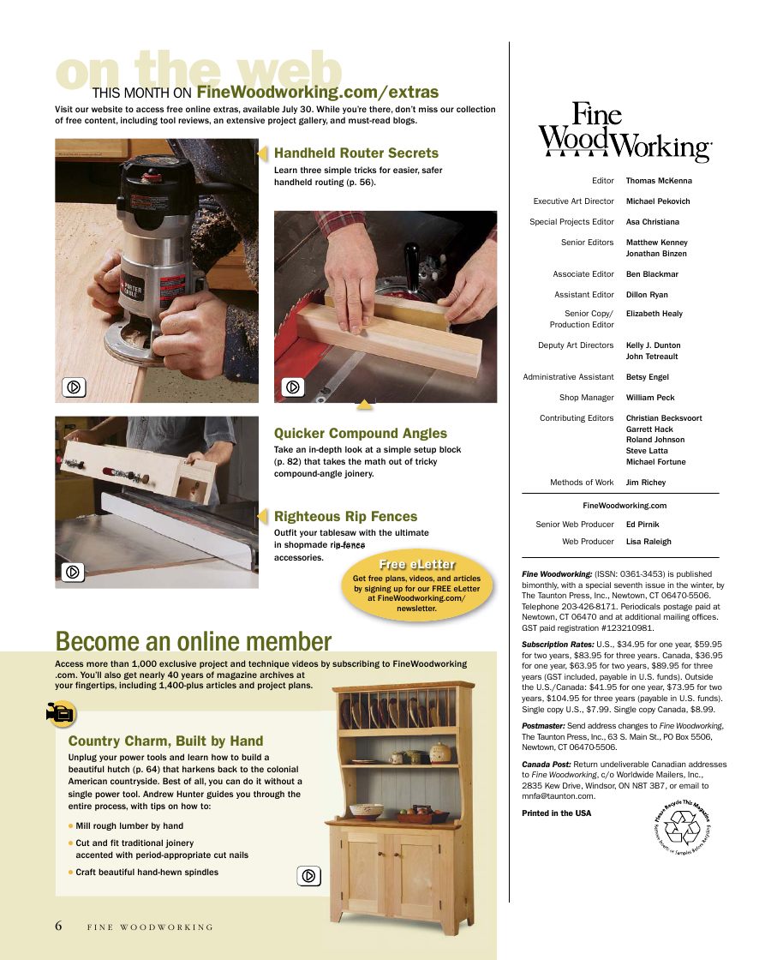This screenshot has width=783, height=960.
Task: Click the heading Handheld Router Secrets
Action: pos(356,153)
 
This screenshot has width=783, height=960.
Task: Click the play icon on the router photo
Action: pos(75,387)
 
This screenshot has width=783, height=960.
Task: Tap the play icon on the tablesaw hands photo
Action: pos(294,387)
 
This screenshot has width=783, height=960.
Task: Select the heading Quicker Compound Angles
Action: pos(360,434)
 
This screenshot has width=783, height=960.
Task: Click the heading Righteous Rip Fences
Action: pos(345,517)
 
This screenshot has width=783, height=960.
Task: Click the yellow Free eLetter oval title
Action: pos(417,564)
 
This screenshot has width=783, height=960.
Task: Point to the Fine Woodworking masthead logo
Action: pos(625,132)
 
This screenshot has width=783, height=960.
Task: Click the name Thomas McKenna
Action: pos(658,181)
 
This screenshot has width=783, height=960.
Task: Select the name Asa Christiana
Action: pos(652,222)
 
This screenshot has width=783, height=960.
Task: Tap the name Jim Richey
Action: pos(645,483)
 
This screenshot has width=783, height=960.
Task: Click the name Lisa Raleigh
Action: pos(649,542)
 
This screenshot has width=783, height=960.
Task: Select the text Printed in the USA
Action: pos(556,813)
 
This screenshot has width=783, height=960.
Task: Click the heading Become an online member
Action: pos(193,641)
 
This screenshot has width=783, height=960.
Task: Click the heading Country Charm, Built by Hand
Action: pos(165,741)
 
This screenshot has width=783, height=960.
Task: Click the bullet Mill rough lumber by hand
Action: pos(129,826)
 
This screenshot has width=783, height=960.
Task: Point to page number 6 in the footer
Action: pos(59,926)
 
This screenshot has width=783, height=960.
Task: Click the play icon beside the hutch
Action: pos(309,876)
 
